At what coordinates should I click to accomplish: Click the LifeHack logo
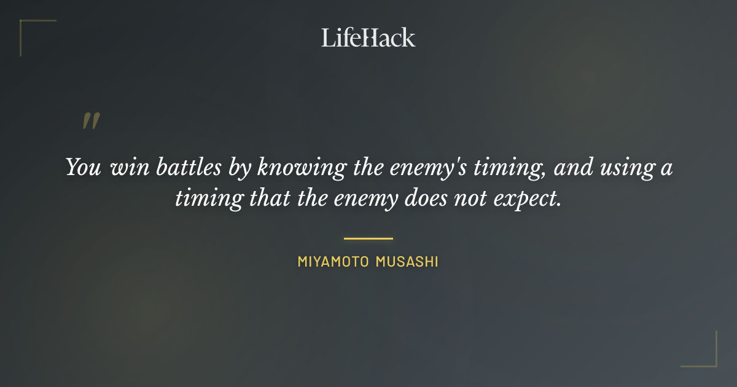click(x=368, y=37)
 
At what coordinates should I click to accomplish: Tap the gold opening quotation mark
click(x=91, y=121)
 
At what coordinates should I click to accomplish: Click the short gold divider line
click(x=368, y=238)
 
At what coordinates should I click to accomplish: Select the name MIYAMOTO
click(x=332, y=262)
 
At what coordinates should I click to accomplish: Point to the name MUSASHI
click(x=406, y=262)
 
